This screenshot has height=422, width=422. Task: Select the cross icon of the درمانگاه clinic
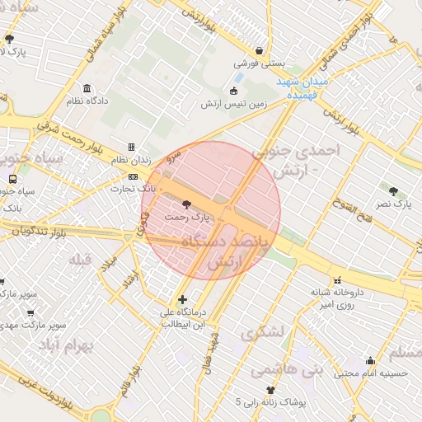(182, 299)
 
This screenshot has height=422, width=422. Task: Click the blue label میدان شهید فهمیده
(302, 89)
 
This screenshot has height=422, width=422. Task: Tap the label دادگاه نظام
(87, 101)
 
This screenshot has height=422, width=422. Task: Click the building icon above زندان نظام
(131, 147)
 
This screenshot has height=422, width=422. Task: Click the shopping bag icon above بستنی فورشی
(260, 50)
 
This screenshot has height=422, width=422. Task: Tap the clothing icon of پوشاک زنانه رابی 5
(270, 390)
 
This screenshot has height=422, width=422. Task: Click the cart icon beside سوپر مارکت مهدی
(30, 313)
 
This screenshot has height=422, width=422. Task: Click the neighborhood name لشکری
(262, 334)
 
